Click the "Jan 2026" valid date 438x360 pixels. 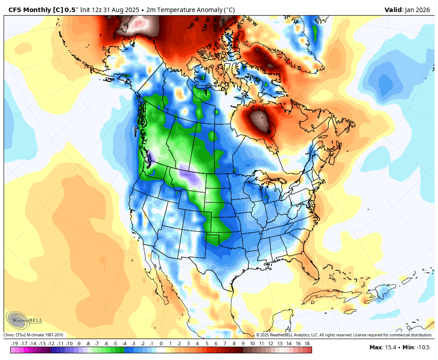tap(417, 10)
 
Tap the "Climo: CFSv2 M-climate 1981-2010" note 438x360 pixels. tap(35, 335)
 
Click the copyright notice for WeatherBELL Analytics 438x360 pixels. tap(344, 335)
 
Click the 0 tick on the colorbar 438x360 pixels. tap(161, 344)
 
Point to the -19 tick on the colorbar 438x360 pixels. tap(15, 344)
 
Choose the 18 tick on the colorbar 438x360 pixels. tap(307, 344)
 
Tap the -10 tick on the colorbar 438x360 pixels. tap(69, 344)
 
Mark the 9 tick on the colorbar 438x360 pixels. tap(243, 344)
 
